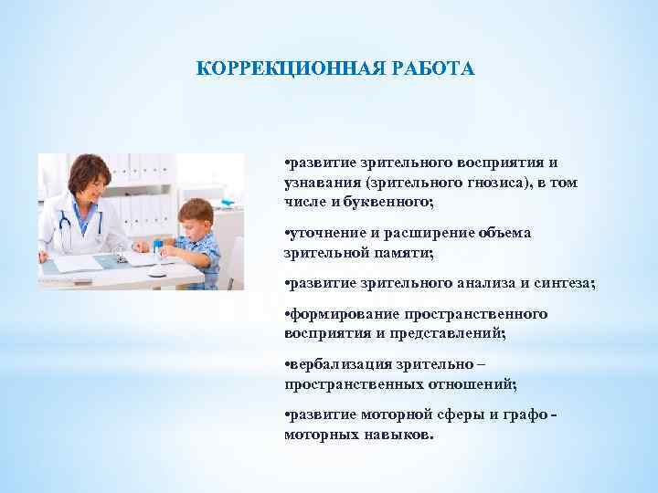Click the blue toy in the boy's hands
point(159,249)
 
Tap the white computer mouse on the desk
point(156,272)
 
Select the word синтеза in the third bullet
point(563,284)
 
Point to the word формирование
point(334,314)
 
